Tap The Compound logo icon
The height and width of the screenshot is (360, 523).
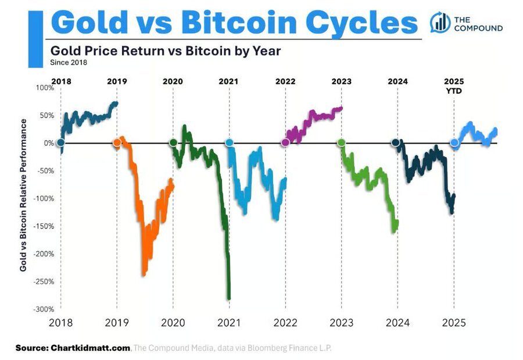(440, 22)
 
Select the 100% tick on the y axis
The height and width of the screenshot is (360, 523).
(44, 87)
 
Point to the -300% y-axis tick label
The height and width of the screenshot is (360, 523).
(43, 309)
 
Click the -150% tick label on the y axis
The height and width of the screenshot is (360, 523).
(43, 226)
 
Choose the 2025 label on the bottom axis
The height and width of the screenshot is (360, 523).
(454, 323)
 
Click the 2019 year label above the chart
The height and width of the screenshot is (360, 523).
(117, 81)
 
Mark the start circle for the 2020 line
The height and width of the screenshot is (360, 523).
(173, 142)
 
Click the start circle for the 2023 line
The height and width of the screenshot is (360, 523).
(341, 142)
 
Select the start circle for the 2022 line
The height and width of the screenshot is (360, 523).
(285, 142)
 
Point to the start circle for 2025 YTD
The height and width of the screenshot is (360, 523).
(454, 142)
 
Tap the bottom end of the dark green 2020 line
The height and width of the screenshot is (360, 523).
(229, 298)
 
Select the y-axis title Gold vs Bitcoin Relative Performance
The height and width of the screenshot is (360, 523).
(23, 195)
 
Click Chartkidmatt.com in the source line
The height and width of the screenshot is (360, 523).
(89, 348)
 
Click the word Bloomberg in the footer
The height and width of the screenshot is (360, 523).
(270, 348)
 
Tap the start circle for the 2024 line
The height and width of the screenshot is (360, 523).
(396, 142)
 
